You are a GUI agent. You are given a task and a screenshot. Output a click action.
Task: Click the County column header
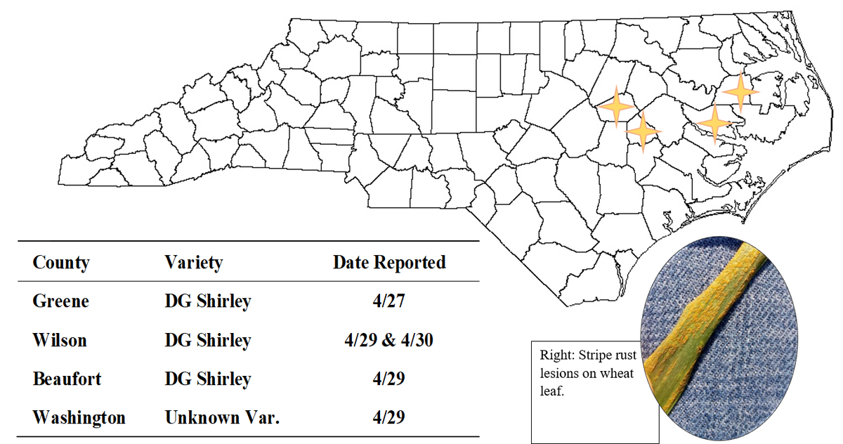[x=61, y=263]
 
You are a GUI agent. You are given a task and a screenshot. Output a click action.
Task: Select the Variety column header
[x=193, y=263]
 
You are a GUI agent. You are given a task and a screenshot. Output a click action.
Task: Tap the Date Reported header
[x=389, y=263]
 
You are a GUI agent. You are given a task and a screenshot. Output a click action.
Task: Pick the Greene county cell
[x=61, y=301]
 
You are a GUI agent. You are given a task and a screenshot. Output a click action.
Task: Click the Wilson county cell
[x=60, y=341]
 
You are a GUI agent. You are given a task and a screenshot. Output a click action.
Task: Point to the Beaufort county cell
[x=67, y=379]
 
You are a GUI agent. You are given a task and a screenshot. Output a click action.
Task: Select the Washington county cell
[x=79, y=417]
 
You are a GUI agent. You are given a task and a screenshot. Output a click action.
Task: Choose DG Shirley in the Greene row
[x=207, y=301]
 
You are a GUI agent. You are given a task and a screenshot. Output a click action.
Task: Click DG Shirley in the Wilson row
[x=207, y=341]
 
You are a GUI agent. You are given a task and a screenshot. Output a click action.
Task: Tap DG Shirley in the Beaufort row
[x=207, y=379]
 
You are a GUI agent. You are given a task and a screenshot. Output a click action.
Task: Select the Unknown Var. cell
[x=222, y=417]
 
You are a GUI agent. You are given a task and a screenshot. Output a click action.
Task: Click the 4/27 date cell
[x=389, y=301]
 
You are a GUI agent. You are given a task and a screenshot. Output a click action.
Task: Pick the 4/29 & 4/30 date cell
[x=389, y=341]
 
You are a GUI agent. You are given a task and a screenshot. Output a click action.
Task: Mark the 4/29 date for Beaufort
[x=389, y=379]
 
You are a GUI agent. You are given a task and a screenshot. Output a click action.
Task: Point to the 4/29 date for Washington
[x=389, y=417]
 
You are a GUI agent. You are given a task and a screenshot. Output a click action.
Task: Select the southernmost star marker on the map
[x=643, y=131]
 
